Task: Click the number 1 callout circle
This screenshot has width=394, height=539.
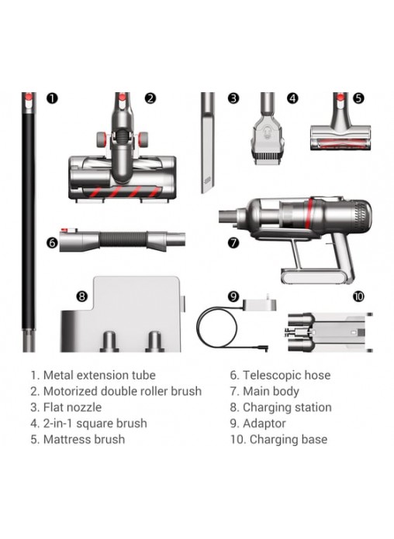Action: pyautogui.click(x=52, y=98)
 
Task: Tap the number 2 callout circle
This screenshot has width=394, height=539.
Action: pyautogui.click(x=150, y=98)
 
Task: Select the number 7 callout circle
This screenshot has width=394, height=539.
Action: pyautogui.click(x=233, y=242)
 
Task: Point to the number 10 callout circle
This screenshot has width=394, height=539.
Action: pyautogui.click(x=358, y=297)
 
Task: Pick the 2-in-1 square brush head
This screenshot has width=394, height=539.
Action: pyautogui.click(x=268, y=129)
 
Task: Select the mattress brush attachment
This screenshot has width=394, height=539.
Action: pyautogui.click(x=340, y=122)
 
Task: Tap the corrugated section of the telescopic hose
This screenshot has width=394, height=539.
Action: pyautogui.click(x=123, y=239)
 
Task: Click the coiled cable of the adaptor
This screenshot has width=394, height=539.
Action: pyautogui.click(x=217, y=328)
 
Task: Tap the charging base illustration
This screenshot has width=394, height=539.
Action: pyautogui.click(x=330, y=332)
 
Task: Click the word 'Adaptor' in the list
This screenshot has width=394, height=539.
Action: pyautogui.click(x=264, y=424)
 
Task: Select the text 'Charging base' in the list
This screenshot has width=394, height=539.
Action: pyautogui.click(x=289, y=439)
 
